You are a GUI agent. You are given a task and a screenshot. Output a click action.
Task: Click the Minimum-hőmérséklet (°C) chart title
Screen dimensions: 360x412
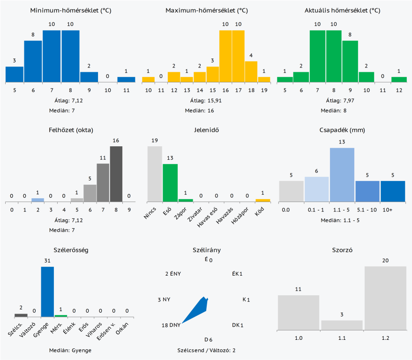coord(70,10)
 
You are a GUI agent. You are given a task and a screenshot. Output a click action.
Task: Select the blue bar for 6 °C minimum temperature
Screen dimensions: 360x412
coord(33,61)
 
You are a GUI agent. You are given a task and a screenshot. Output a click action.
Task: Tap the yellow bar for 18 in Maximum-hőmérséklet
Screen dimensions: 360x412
coord(251,72)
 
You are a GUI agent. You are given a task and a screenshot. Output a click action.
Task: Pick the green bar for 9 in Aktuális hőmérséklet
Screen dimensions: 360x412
coord(350,61)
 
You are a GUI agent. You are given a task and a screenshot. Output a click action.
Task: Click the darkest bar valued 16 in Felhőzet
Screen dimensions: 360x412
coord(116,174)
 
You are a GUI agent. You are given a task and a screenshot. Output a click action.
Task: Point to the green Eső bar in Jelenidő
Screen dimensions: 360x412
coord(170,183)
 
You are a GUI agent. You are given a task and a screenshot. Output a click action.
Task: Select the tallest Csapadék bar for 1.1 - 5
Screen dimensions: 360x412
coord(342,174)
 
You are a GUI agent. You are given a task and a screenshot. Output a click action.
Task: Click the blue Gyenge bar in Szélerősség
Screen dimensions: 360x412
coord(47,292)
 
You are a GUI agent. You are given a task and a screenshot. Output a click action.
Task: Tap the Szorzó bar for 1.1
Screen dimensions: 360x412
coord(342,324)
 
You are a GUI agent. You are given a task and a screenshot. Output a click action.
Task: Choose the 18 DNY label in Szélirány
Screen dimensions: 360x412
coord(171,325)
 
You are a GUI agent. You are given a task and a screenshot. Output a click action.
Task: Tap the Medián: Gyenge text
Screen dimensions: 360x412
coord(70,350)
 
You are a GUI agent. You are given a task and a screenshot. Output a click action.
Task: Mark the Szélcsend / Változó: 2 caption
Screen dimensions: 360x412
coord(207,350)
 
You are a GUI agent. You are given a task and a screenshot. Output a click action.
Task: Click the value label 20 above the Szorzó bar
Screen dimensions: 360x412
coord(386,261)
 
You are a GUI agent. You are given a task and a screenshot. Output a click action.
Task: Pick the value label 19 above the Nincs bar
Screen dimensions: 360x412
coord(155,140)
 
